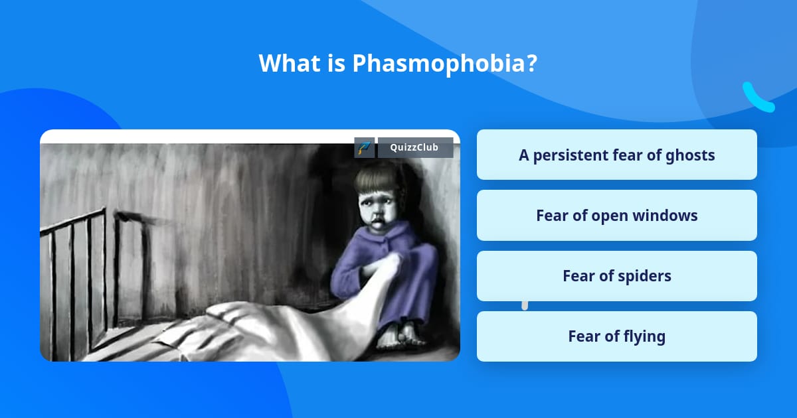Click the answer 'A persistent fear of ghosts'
(616, 155)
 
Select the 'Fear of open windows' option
(616, 216)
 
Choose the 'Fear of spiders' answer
(616, 276)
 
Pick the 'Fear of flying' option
(616, 336)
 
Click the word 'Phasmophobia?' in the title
(444, 64)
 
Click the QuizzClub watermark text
(415, 148)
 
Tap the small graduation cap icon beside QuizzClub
(364, 148)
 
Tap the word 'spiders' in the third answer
(645, 276)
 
